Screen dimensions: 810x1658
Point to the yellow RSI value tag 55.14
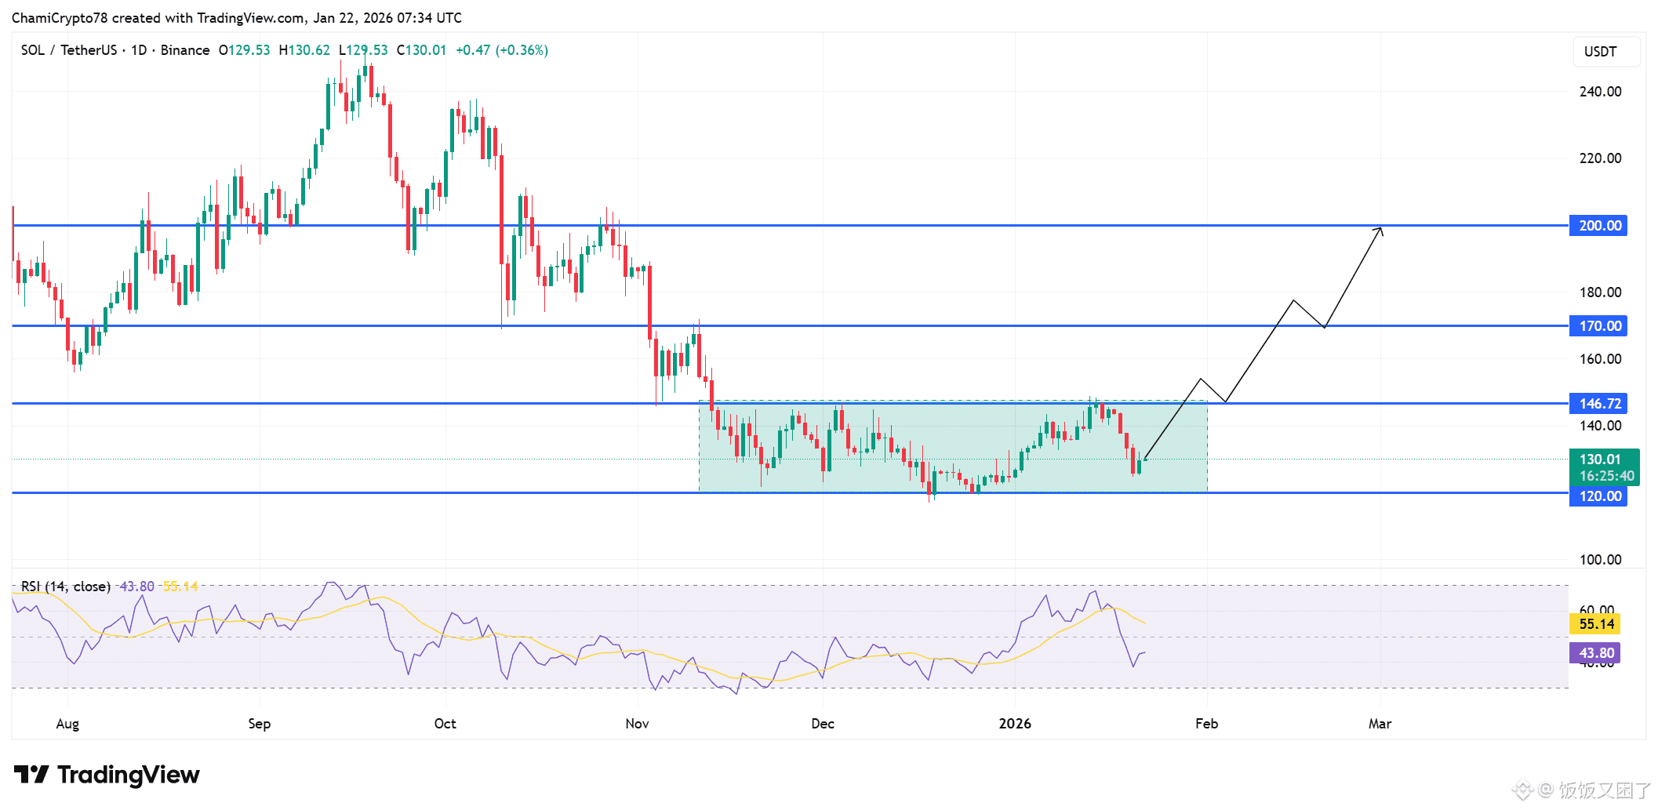pos(1596,624)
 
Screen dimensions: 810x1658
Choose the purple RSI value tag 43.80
pos(1596,653)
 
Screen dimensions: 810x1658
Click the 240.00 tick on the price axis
pos(1600,92)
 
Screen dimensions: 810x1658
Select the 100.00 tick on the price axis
pos(1600,560)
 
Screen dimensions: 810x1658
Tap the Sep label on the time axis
pos(259,724)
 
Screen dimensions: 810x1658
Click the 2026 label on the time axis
pos(1014,724)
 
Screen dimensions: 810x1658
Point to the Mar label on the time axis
pos(1380,724)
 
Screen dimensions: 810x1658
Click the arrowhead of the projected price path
pos(1380,229)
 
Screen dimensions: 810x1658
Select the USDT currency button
pos(1600,52)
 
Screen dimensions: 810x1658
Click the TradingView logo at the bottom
pos(107,775)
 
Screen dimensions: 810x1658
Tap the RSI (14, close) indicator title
pos(65,587)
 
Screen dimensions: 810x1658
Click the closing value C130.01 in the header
pos(421,50)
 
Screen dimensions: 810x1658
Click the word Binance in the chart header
pos(185,50)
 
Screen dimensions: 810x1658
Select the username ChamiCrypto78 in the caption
pos(59,18)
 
